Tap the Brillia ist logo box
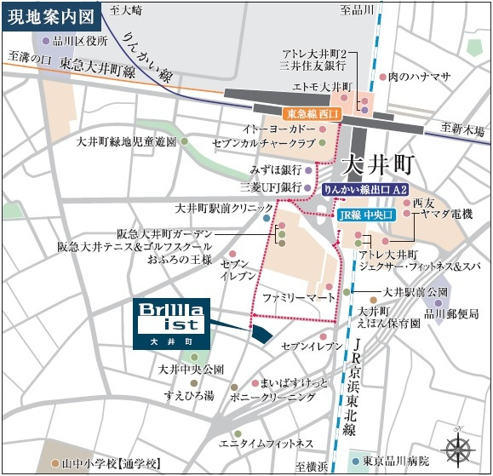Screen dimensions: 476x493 (170, 323)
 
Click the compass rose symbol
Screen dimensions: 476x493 (459, 447)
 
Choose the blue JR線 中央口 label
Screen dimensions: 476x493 (363, 215)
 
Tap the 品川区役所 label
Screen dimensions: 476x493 (80, 40)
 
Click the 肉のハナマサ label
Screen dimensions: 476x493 (418, 77)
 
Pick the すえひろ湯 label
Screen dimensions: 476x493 (189, 394)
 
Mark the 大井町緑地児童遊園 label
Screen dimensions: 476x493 (126, 141)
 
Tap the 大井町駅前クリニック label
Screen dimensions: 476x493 (224, 207)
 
